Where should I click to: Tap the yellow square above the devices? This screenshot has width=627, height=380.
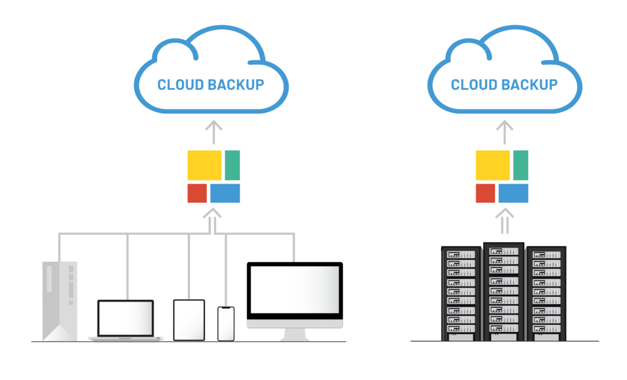click(x=205, y=165)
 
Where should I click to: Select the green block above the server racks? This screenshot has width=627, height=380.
click(x=520, y=165)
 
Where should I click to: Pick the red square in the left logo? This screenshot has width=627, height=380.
click(x=197, y=193)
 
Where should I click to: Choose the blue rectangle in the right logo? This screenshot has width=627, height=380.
click(x=513, y=193)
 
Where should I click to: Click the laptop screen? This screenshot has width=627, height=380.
click(x=126, y=318)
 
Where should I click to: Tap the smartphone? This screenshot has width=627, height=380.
click(x=226, y=324)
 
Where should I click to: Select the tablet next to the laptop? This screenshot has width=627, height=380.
click(x=189, y=320)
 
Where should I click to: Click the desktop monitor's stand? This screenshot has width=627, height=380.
click(x=295, y=335)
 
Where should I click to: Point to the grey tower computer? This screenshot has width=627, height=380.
click(x=59, y=301)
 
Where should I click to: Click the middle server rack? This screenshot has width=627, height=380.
click(x=504, y=292)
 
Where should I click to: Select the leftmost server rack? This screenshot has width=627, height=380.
click(x=461, y=294)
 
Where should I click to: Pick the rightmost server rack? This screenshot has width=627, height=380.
click(x=546, y=294)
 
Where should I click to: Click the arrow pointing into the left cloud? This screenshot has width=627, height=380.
click(x=214, y=132)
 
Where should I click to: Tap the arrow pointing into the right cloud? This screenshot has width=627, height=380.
click(x=505, y=132)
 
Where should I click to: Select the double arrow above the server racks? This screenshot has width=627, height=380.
click(x=505, y=220)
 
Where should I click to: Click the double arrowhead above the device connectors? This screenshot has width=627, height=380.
click(x=212, y=214)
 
